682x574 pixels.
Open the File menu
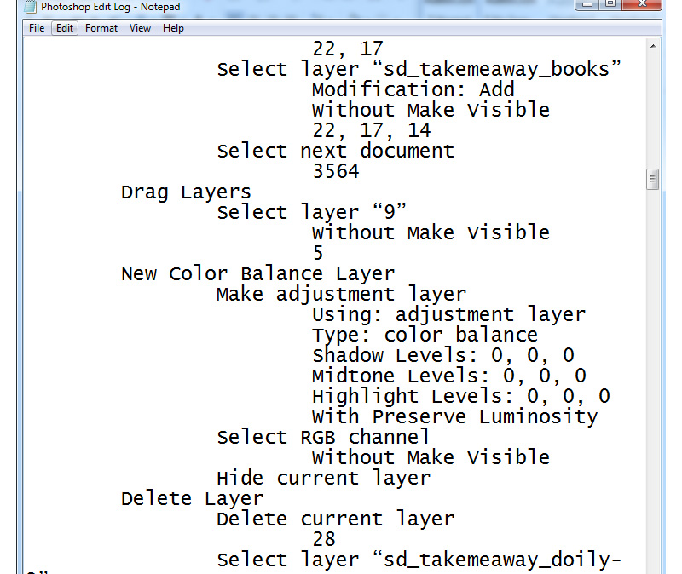coord(37,28)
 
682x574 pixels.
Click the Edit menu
coord(65,28)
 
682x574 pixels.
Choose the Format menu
coord(101,28)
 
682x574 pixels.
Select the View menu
coord(140,28)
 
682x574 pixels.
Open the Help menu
coord(173,28)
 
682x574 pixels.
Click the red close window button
coord(642,4)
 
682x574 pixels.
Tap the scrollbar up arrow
coord(653,46)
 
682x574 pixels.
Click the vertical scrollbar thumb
coord(652,179)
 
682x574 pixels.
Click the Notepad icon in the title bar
coord(30,7)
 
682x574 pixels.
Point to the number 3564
coord(336,171)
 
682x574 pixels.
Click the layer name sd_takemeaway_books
coord(497,70)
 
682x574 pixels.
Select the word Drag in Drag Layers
coord(144,192)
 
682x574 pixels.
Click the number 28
coord(324,539)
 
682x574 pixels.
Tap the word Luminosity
coord(538,417)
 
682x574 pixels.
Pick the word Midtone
coord(353,376)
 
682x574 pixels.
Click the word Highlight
coord(366,397)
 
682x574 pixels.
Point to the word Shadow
coord(348,355)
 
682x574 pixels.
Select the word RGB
coord(317,437)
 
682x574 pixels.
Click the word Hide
coord(240,478)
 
